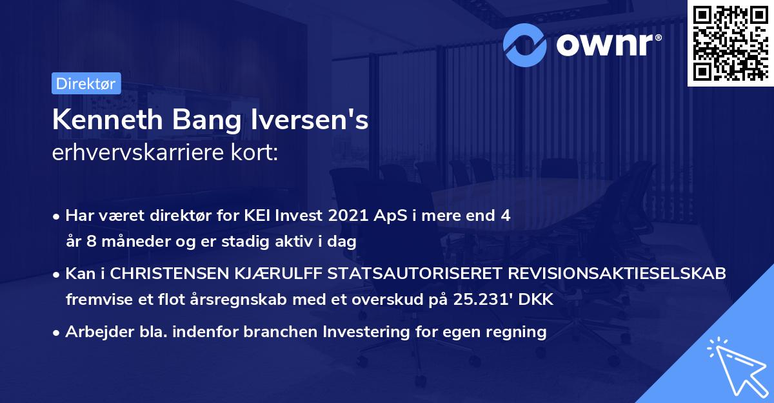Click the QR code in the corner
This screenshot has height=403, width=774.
tap(731, 42)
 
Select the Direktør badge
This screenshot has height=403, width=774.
tap(86, 83)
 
